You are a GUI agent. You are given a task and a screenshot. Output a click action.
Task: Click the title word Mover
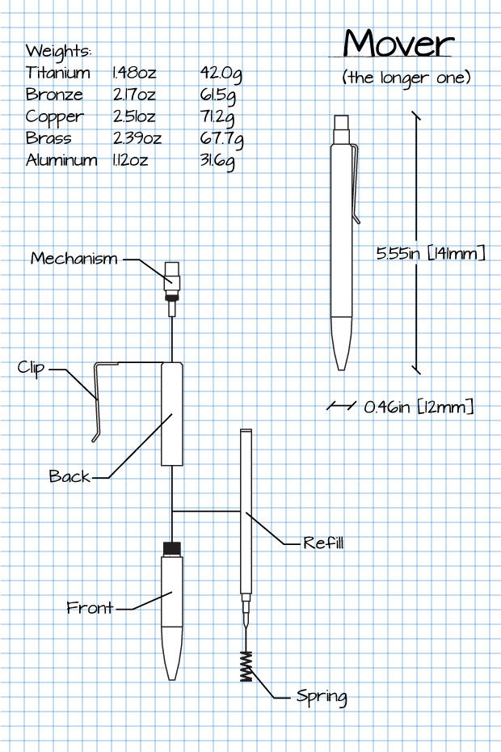coord(398,44)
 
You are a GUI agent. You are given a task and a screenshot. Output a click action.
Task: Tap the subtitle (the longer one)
coord(406,78)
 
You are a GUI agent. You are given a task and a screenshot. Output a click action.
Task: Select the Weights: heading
coord(58,51)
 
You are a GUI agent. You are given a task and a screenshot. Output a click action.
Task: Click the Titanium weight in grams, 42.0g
coord(221,74)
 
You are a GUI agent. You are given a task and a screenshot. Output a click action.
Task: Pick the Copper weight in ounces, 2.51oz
coord(134,116)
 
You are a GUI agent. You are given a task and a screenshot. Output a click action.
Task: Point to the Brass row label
coord(48,138)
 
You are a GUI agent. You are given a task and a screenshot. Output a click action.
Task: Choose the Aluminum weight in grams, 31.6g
coord(217,160)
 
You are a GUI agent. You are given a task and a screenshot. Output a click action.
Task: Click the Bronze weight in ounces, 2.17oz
coord(134,95)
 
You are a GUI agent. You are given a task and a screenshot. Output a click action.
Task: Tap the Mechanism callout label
coord(74,259)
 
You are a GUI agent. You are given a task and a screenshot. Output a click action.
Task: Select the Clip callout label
coord(31,368)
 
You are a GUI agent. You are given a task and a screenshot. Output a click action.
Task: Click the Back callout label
coord(69,476)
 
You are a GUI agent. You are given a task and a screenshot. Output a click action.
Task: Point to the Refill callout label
coord(323,543)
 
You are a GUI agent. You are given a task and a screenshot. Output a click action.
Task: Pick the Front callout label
coord(90,608)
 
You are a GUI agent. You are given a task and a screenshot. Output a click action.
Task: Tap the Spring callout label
coord(322,696)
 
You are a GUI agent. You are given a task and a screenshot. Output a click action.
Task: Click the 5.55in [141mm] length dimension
coord(431,254)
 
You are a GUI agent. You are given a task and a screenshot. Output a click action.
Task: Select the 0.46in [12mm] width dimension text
coord(419,407)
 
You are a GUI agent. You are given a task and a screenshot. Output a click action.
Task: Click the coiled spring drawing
coord(246,665)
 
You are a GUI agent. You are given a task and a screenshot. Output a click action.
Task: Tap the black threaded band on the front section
coord(171,548)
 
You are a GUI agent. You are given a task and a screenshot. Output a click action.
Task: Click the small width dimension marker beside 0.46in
coord(341,406)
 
